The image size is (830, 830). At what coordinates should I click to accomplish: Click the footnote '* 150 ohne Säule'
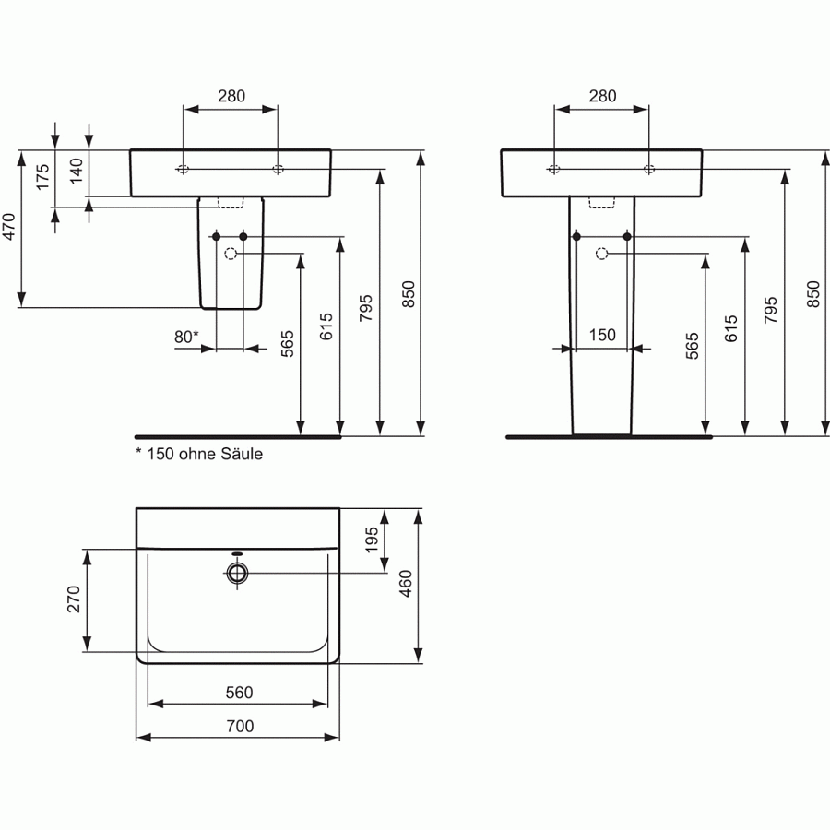[x=199, y=454]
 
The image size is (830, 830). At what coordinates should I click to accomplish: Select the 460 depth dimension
[x=406, y=585]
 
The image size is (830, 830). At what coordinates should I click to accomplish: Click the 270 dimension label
[x=75, y=599]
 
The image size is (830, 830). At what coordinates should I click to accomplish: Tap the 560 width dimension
[x=239, y=693]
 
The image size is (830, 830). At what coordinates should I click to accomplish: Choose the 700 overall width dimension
[x=239, y=727]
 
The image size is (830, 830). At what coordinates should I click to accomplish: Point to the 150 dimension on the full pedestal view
[x=602, y=336]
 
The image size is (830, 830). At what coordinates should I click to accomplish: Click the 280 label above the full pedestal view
[x=602, y=96]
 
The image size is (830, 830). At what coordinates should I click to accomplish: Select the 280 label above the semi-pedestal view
[x=231, y=96]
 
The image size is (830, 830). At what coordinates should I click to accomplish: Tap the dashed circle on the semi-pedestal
[x=231, y=254]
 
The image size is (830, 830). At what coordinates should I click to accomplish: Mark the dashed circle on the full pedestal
[x=602, y=254]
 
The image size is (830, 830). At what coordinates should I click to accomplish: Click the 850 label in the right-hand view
[x=812, y=293]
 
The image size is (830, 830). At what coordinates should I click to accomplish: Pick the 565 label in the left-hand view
[x=287, y=343]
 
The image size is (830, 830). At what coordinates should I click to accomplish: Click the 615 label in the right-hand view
[x=732, y=329]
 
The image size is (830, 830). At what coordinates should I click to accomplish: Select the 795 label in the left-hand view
[x=365, y=308]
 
